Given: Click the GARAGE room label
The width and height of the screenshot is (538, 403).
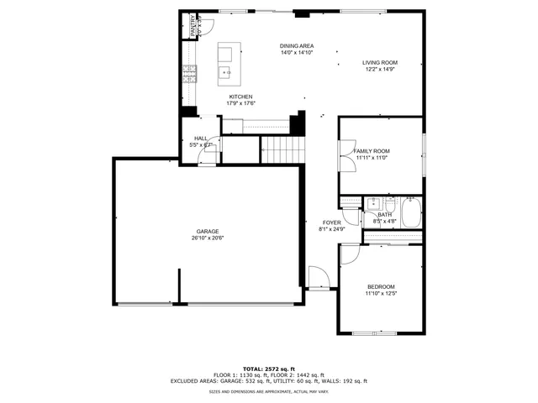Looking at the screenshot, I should point(208,231).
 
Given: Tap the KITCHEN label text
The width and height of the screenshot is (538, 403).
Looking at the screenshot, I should point(240,97).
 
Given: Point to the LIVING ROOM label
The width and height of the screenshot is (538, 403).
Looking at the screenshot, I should point(380,62).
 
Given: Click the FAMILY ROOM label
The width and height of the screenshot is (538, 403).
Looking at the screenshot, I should point(372,151).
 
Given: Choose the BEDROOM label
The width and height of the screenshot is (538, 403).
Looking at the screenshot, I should point(380,287).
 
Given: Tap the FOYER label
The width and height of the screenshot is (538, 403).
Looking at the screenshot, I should point(330,222).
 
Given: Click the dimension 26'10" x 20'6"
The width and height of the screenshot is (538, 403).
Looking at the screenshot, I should point(208,238).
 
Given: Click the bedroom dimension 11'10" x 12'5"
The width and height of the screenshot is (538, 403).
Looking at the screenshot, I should point(380,294).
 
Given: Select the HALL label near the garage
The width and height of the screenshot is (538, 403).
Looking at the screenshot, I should point(201,139).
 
